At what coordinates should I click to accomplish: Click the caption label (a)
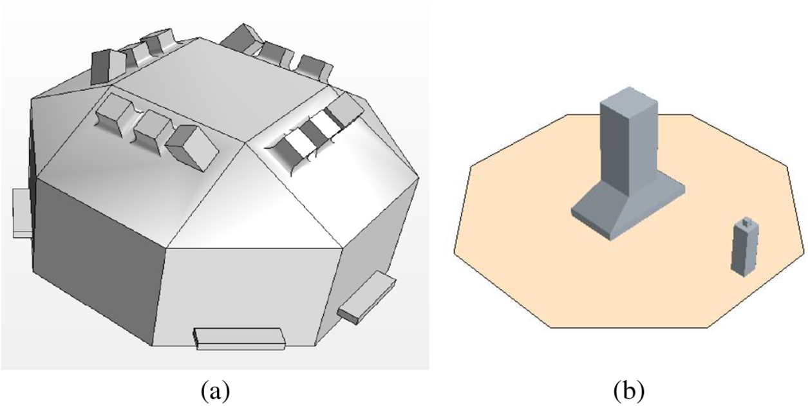216,391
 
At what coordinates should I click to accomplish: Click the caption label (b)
629,391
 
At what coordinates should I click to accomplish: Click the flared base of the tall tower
628,209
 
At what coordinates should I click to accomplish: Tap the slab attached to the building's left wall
23,213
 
